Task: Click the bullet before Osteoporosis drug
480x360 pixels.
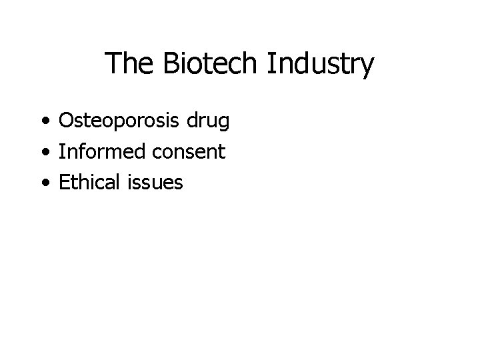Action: click(45, 122)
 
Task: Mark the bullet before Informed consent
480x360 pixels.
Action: click(45, 153)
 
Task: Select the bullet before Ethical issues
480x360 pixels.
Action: click(45, 183)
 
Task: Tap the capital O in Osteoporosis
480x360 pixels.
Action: click(67, 121)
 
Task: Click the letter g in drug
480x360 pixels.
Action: click(223, 124)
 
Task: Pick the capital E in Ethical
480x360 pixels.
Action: click(65, 182)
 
